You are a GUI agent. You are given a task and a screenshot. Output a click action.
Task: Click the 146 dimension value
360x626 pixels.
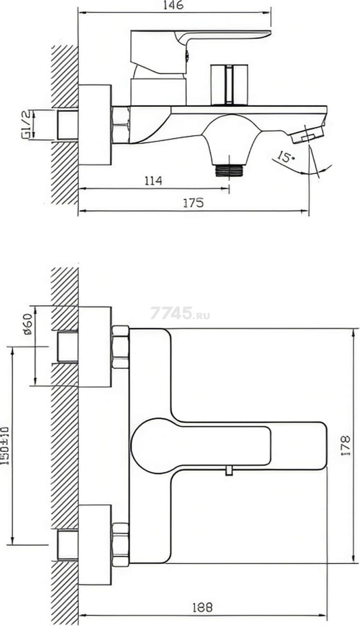tap(173, 5)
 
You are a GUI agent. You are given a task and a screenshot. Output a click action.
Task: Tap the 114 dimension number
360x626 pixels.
tap(153, 181)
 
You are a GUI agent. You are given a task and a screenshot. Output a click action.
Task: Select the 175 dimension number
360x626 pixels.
tap(193, 203)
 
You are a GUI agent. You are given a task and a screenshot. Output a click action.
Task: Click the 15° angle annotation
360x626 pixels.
tap(286, 157)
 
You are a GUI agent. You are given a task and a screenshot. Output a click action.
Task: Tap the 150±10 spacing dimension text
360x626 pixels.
tap(5, 446)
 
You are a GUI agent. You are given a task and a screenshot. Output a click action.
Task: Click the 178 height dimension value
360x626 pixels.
tap(346, 446)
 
